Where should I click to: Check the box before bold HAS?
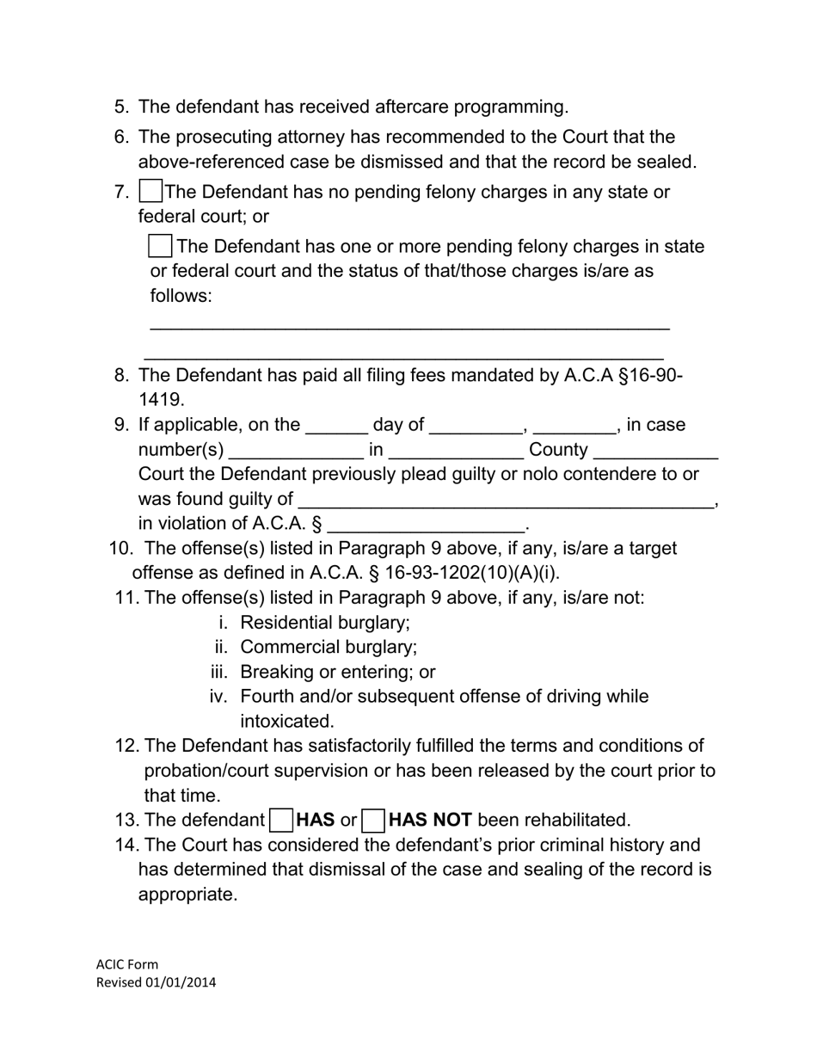click(x=281, y=821)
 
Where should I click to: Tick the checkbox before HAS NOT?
click(x=373, y=821)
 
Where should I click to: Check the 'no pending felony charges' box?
click(x=150, y=192)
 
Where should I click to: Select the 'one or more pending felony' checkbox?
click(x=160, y=247)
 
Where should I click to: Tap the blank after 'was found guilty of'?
click(x=506, y=500)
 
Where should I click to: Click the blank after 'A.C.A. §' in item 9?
click(x=427, y=525)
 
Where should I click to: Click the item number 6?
click(x=121, y=138)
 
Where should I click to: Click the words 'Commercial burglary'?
click(x=329, y=648)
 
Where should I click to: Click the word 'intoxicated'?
click(x=287, y=722)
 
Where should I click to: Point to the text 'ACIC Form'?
click(x=127, y=964)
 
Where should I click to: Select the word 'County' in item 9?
click(x=558, y=451)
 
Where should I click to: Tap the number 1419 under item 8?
click(x=162, y=400)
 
